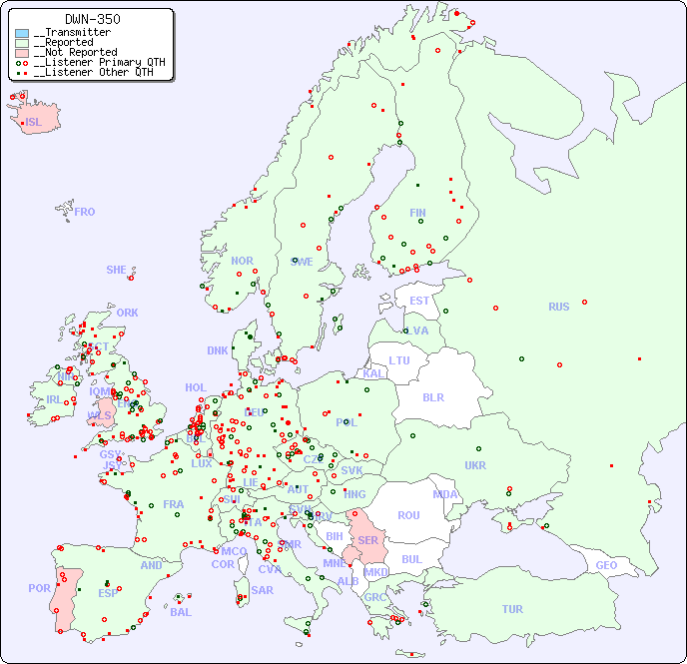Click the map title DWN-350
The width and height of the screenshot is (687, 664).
(93, 19)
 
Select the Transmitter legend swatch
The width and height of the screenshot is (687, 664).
(22, 33)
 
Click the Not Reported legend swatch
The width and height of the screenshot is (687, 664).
(22, 53)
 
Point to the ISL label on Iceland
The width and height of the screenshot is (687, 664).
(33, 123)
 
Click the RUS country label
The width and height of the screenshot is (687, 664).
(558, 307)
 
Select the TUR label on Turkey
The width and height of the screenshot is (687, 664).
(512, 609)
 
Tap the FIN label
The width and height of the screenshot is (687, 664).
(417, 213)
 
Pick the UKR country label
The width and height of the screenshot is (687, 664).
(475, 465)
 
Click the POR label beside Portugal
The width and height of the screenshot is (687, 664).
(39, 589)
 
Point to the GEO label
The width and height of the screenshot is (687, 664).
(606, 565)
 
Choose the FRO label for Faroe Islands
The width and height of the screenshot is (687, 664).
(85, 212)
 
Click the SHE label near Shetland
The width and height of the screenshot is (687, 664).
(116, 270)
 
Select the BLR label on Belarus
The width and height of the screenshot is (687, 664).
(432, 397)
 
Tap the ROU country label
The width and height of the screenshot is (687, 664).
(408, 515)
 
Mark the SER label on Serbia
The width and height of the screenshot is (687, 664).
(367, 540)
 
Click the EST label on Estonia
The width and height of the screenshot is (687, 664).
(419, 301)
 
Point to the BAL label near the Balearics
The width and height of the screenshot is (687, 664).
(180, 612)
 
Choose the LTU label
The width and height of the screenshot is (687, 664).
(399, 360)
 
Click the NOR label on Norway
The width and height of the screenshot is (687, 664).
(242, 261)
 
